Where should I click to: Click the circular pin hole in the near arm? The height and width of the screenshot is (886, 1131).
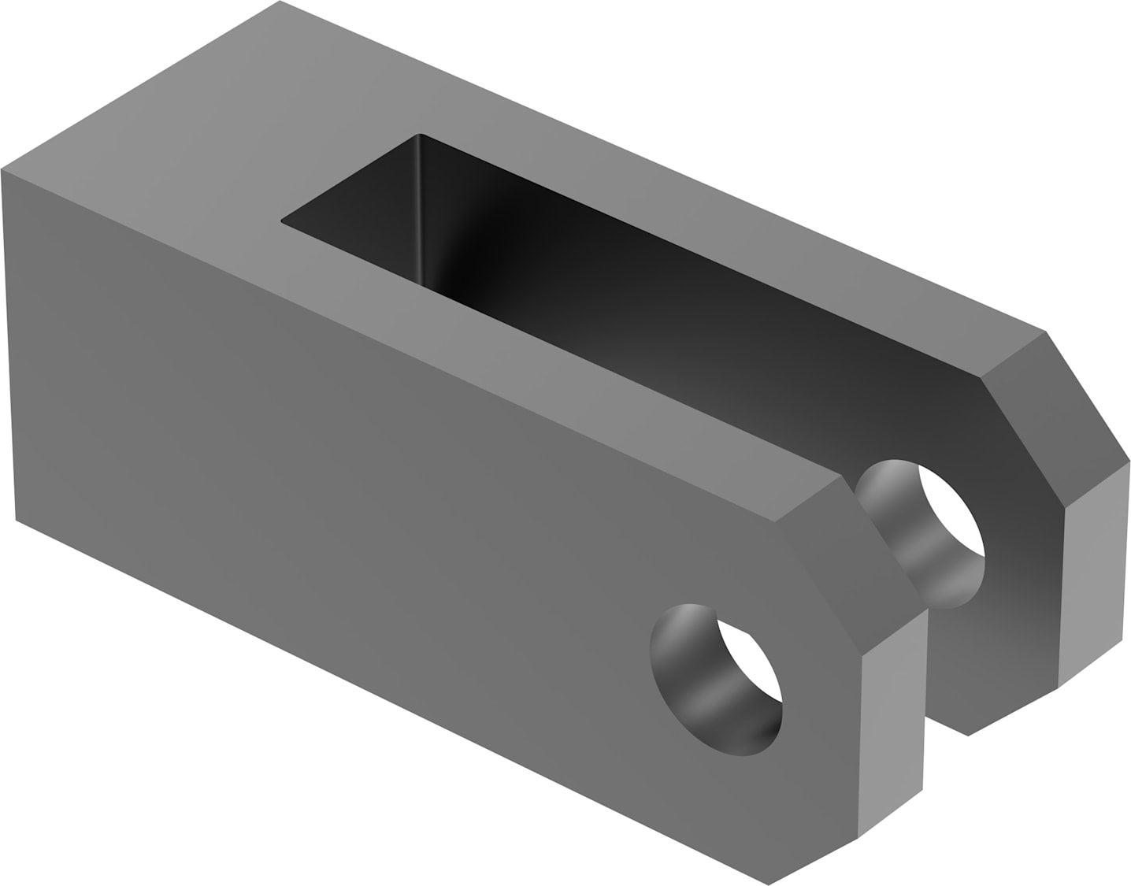click(713, 681)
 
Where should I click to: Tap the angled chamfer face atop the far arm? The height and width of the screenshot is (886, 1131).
click(1055, 417)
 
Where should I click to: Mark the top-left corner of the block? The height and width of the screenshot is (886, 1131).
click(2, 169)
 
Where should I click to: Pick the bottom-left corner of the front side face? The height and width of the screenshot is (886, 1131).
click(16, 520)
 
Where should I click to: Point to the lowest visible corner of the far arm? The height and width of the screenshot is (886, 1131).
click(967, 736)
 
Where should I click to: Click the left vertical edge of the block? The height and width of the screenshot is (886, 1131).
click(9, 347)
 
